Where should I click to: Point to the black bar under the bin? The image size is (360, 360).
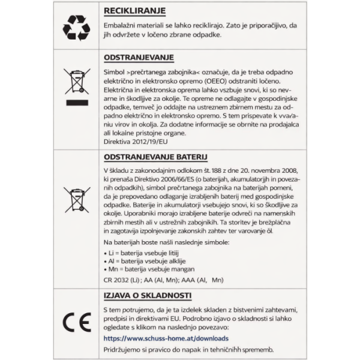77,104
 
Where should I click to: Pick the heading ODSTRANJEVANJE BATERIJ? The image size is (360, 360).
155,157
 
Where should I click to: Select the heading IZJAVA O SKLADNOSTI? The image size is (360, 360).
148,295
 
